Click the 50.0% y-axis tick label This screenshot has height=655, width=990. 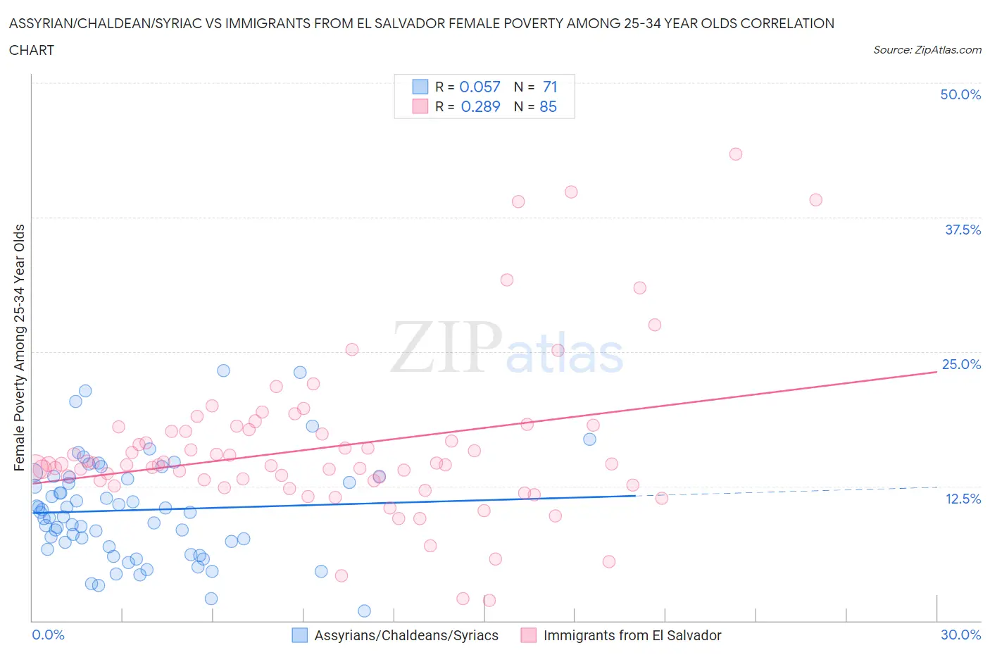(960, 94)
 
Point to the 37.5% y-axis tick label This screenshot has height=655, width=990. (963, 230)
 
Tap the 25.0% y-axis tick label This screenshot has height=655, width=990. (961, 364)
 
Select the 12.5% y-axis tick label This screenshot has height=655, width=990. (963, 499)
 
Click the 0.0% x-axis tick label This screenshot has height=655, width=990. (48, 635)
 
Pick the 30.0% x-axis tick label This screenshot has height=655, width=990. (960, 635)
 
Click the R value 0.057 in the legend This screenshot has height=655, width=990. (480, 87)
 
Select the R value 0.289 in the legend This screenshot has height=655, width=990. (480, 106)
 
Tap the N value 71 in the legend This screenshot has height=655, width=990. (550, 87)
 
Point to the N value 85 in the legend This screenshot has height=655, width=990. (548, 106)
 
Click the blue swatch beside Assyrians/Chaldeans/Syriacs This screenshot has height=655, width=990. (300, 635)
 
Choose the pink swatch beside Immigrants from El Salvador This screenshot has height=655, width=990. (528, 635)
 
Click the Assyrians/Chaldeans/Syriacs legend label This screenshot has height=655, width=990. (406, 635)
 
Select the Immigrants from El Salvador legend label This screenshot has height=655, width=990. (632, 635)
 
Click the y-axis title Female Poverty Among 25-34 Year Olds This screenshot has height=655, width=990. (19, 347)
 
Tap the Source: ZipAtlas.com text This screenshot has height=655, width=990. (927, 49)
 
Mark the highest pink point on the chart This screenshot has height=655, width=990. (736, 154)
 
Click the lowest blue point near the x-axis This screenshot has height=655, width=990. (364, 611)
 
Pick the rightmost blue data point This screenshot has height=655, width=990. (589, 439)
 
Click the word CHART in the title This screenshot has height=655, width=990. (32, 50)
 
